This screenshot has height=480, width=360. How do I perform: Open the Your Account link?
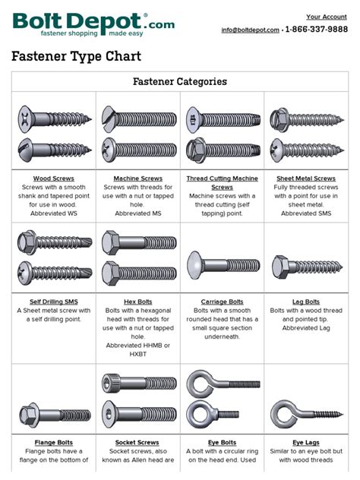coord(327,17)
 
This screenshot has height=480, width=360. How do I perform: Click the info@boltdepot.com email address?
coord(250,30)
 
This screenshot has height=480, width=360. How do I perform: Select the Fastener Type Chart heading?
coord(76,57)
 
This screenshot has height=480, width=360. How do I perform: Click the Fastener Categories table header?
coord(179,81)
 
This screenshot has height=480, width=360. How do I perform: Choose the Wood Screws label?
coord(54,178)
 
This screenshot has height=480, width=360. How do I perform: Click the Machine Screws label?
coord(137,178)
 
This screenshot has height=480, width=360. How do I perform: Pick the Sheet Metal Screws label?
coord(306,178)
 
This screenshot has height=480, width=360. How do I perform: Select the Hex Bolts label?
coord(137,302)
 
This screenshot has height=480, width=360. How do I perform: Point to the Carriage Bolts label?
coord(222,302)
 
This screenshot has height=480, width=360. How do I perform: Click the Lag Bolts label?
coord(306,302)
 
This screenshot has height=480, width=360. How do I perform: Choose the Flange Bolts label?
coord(54,442)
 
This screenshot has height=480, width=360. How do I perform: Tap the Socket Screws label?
coord(137,442)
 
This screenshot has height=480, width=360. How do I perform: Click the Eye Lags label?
coord(306,442)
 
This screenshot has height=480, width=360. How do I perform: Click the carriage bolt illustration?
coord(222,266)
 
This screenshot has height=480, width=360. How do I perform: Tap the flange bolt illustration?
coord(54,415)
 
